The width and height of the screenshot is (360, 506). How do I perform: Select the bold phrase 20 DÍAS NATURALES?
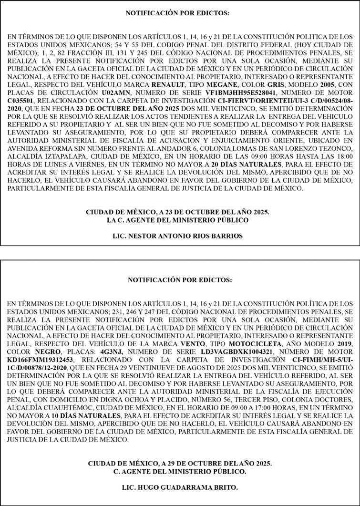(x=247, y=165)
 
